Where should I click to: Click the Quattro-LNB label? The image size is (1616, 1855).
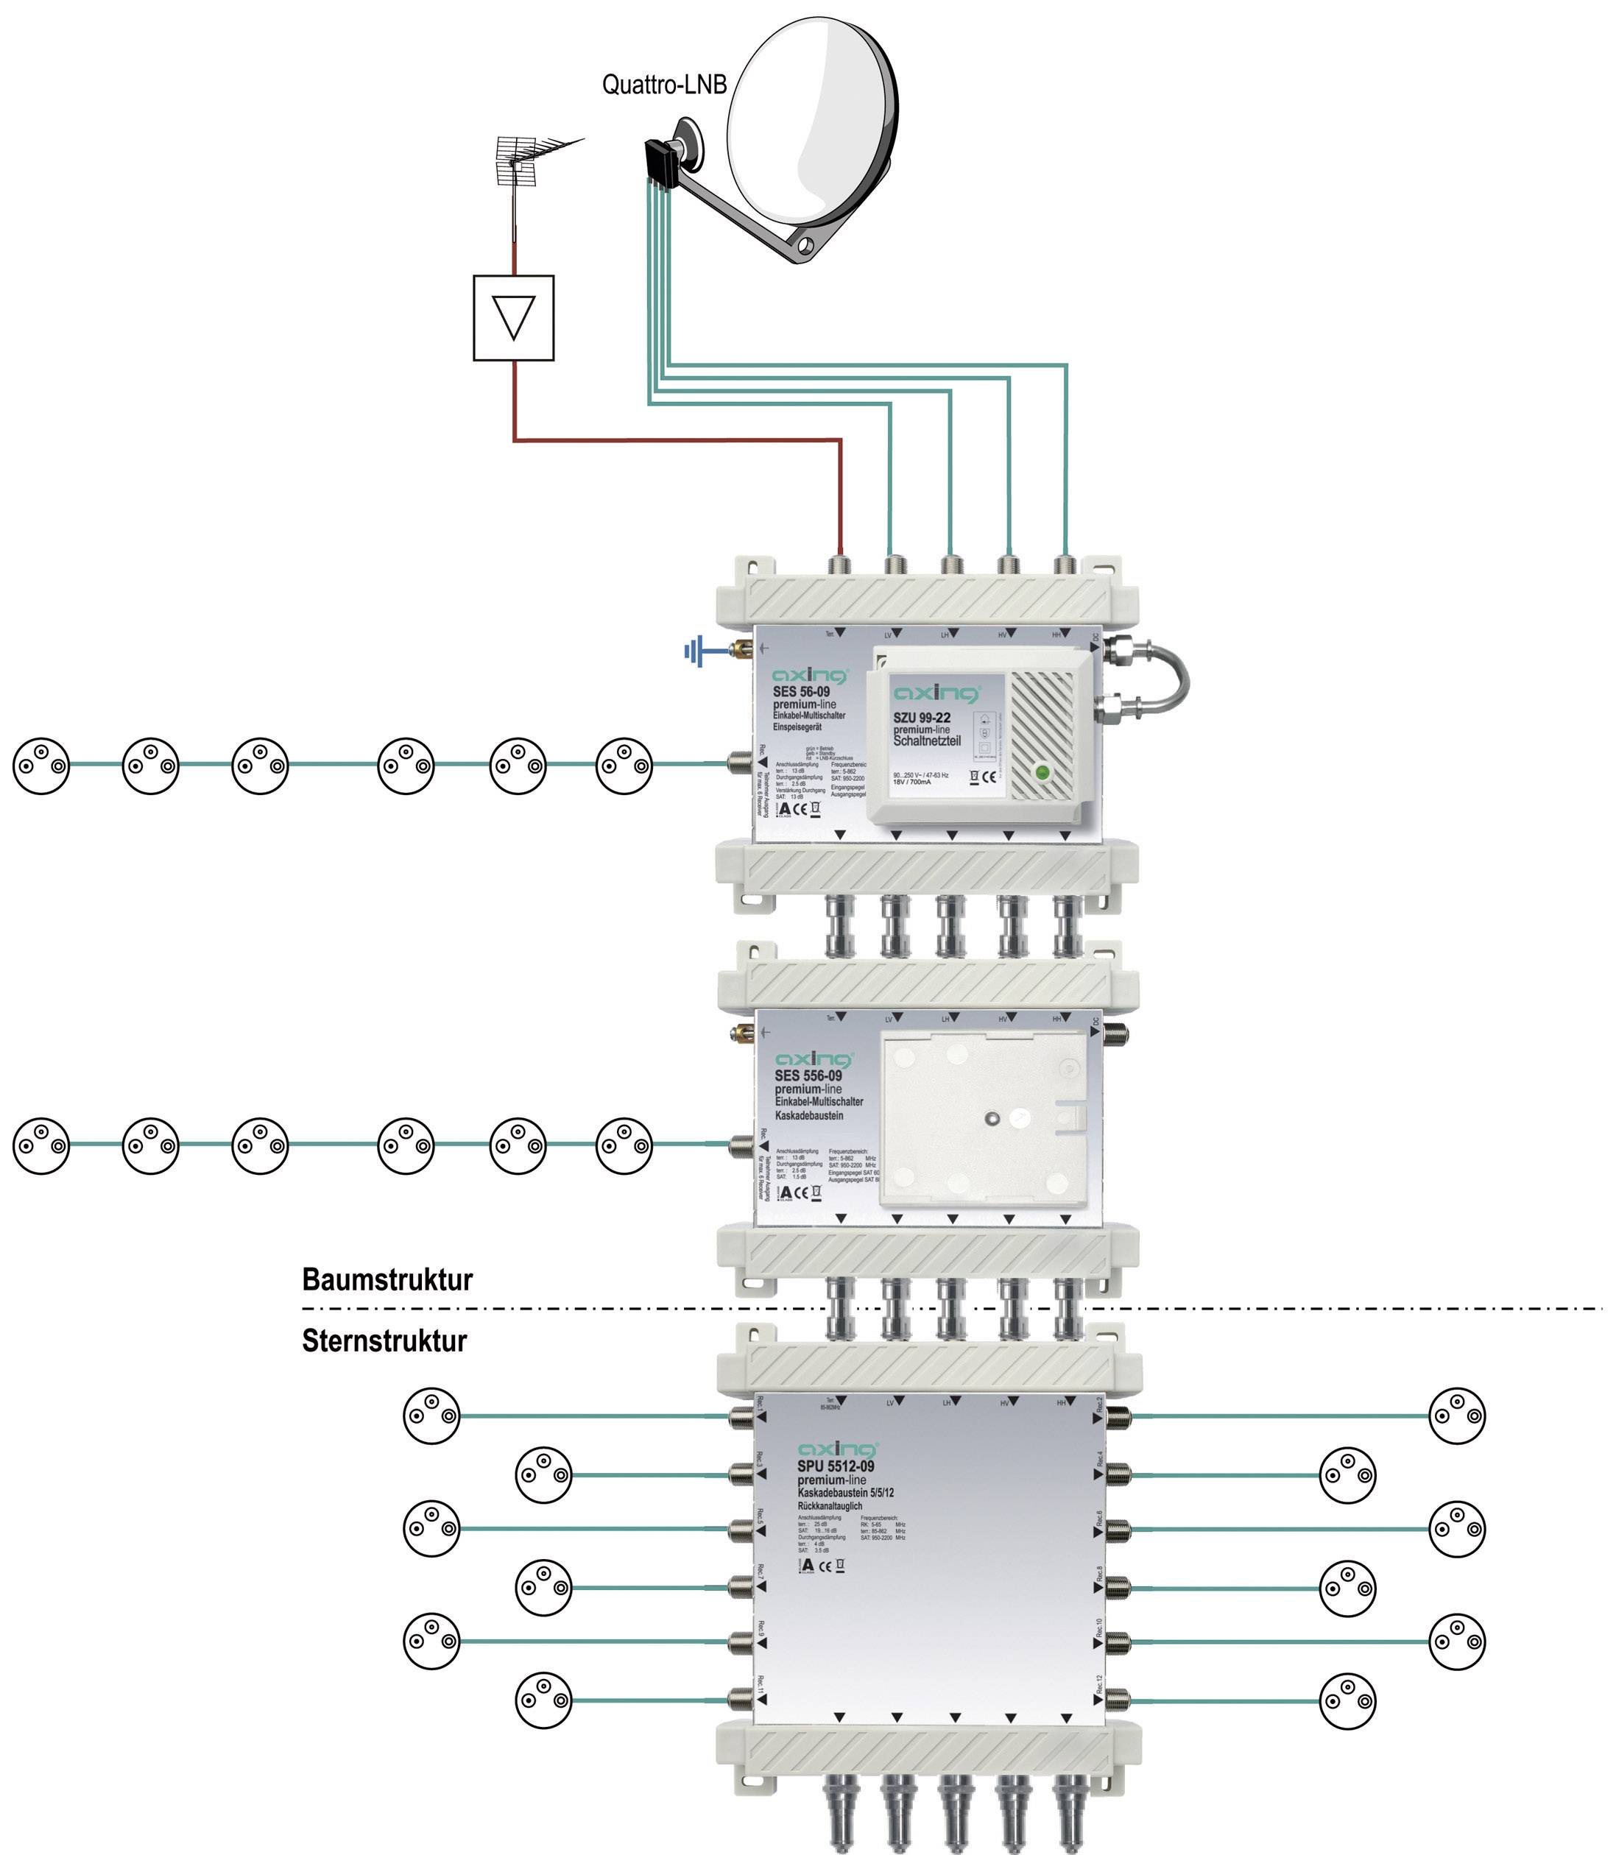[664, 85]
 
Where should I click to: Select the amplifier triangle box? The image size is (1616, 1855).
[513, 317]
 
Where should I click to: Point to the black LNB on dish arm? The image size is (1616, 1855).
[661, 163]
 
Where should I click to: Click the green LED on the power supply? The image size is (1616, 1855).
[1042, 773]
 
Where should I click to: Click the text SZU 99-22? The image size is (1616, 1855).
[922, 718]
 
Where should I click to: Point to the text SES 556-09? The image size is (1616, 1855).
[808, 1076]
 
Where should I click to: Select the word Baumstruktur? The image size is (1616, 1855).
[387, 1279]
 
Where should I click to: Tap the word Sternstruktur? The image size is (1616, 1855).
[384, 1341]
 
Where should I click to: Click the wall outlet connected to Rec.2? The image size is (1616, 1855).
[1457, 1415]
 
